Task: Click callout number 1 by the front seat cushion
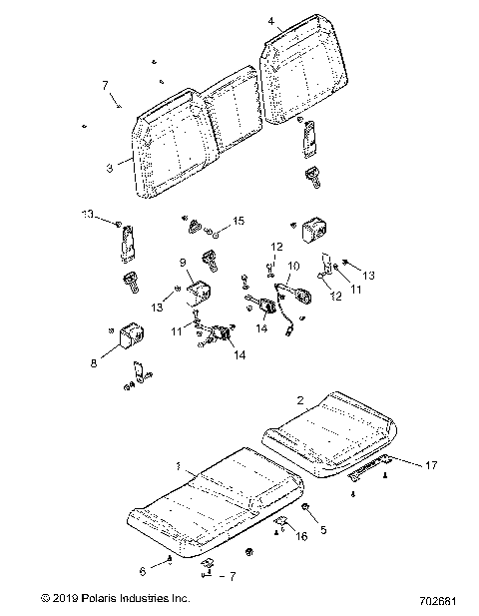point(178,467)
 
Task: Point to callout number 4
point(270,20)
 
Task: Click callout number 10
point(293,267)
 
